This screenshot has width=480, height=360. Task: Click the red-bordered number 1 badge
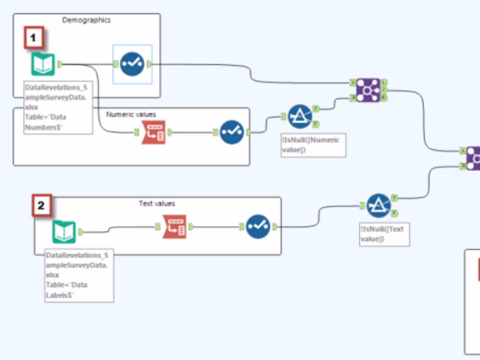(34, 38)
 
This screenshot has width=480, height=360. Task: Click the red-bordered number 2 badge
(41, 206)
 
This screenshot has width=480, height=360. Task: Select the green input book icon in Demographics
(43, 65)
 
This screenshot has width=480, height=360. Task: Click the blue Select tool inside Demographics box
(132, 65)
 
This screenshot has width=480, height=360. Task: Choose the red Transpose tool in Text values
(174, 226)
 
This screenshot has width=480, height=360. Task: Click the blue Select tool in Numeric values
(231, 132)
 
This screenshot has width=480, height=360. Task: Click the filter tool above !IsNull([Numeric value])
(300, 117)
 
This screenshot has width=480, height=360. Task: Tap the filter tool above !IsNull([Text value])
(378, 206)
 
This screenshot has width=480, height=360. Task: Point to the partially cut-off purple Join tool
(473, 158)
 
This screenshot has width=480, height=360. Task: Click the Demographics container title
(86, 20)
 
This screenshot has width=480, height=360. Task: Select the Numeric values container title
(131, 114)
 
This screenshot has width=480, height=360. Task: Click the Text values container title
(157, 203)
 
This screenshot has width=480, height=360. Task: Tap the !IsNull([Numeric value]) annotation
(313, 145)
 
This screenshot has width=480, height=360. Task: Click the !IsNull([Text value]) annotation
(384, 234)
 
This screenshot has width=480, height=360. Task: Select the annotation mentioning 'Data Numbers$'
(58, 108)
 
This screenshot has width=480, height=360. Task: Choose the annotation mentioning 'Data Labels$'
(79, 276)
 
